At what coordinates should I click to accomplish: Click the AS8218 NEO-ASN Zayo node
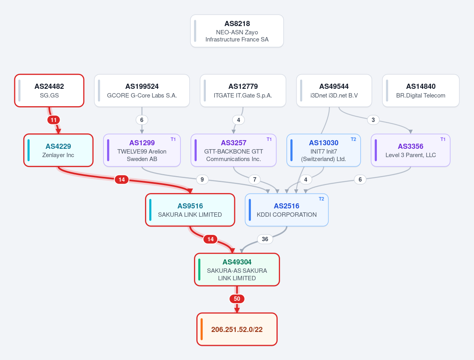tap(237, 31)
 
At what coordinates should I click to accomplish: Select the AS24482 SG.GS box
tap(49, 91)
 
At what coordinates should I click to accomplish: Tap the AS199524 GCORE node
tap(142, 91)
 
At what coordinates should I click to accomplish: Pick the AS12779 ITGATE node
tap(243, 91)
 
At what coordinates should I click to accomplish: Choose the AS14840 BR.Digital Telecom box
tap(421, 91)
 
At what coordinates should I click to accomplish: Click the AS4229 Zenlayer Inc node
tap(58, 150)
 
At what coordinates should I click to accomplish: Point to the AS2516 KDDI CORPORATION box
tap(286, 210)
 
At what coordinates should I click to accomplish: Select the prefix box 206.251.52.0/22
tap(237, 329)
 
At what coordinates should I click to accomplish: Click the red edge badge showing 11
tap(54, 120)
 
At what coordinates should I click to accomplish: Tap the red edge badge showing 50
tap(237, 299)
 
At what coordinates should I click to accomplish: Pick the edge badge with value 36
tap(265, 239)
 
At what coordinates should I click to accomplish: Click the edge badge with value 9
tap(202, 180)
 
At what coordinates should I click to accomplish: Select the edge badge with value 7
tap(255, 180)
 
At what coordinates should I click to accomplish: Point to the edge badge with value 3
tap(373, 120)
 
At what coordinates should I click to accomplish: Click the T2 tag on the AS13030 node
tap(353, 139)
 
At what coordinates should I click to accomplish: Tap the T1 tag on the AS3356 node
tap(443, 139)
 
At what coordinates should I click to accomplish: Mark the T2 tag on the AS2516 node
tap(321, 199)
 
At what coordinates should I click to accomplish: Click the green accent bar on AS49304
tap(199, 270)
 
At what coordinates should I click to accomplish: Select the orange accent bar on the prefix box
tap(202, 329)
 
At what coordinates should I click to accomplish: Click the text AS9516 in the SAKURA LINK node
tap(190, 206)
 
